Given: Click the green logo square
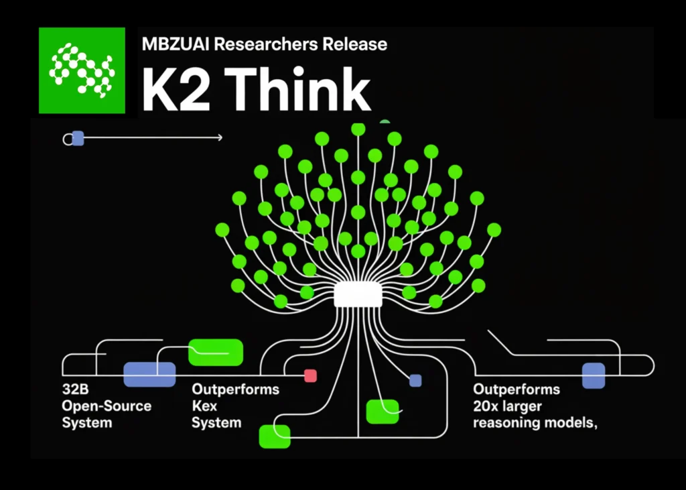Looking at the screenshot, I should click(x=82, y=70).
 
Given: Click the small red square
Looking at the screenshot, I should click(x=310, y=375).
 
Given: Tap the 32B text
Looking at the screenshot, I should click(x=74, y=389).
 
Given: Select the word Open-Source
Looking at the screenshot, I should click(x=107, y=406).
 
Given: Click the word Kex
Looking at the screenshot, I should click(x=204, y=406).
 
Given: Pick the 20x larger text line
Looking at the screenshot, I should click(x=508, y=406).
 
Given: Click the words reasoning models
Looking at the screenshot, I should click(x=534, y=423).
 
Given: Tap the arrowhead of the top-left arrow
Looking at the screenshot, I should click(x=220, y=138).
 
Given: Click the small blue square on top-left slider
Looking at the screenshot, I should click(x=78, y=138).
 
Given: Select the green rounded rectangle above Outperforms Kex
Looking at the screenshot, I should click(x=215, y=353).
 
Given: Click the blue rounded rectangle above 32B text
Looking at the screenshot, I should click(x=149, y=374).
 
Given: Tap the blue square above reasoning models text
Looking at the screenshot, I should click(x=594, y=375).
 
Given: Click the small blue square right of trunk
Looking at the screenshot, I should click(x=415, y=381).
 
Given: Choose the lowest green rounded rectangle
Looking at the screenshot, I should click(x=275, y=436).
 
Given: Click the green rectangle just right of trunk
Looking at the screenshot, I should click(x=383, y=412).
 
